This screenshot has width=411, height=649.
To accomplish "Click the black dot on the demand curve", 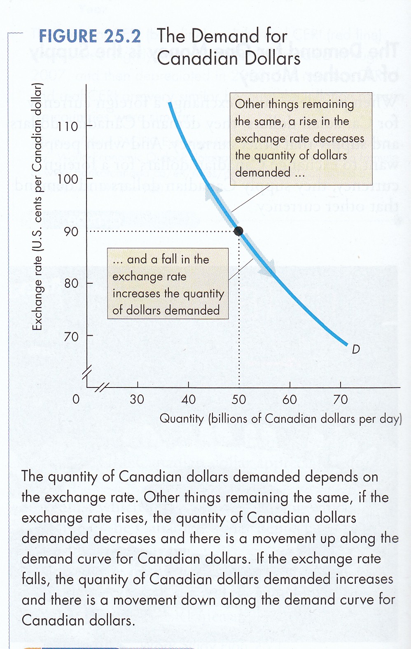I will [238, 231].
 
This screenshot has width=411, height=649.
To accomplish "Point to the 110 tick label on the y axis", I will [68, 126].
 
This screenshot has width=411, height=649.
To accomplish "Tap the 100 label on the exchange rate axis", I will [68, 179].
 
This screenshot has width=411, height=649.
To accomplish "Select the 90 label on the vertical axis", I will [71, 231].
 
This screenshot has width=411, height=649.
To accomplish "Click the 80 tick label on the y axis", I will [71, 284].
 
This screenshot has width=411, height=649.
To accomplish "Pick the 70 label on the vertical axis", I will [71, 336].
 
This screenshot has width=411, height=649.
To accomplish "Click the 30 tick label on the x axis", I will [137, 399].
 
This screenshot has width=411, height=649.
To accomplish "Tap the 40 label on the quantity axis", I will [188, 399].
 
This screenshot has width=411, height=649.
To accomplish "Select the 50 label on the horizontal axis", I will [239, 399].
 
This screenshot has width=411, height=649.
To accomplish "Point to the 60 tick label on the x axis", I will [290, 399].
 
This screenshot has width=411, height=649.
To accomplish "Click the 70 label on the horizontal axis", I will [341, 399].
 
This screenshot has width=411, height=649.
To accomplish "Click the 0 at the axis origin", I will [76, 399].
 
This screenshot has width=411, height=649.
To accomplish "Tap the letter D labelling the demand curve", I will [356, 350].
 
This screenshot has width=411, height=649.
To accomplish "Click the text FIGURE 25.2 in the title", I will [90, 36].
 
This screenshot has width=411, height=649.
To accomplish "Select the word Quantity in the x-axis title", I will [181, 419].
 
